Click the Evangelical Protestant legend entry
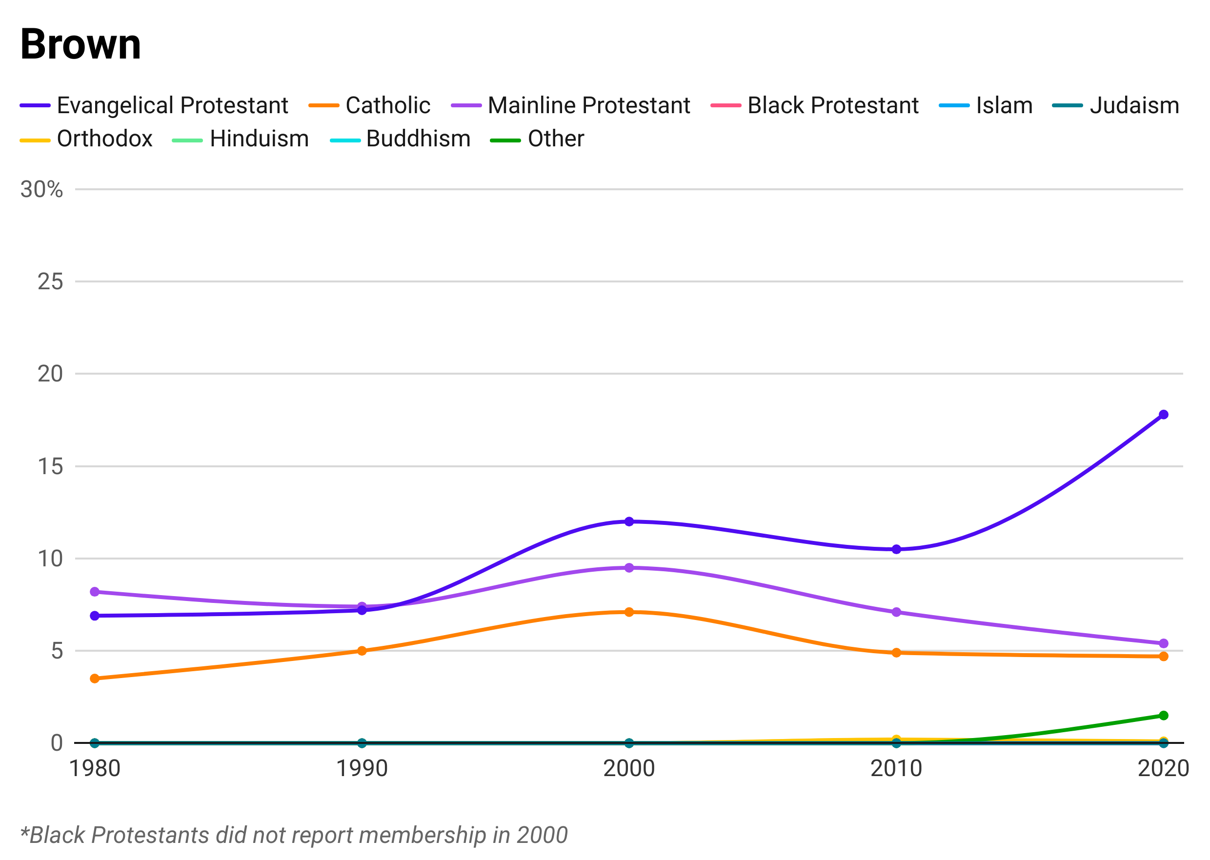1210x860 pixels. click(x=175, y=105)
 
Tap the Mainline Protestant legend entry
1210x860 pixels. click(x=588, y=105)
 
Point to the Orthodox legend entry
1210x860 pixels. click(x=106, y=137)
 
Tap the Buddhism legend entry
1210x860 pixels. click(x=418, y=137)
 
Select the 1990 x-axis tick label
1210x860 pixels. click(x=362, y=766)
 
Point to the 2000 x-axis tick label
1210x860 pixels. click(x=629, y=766)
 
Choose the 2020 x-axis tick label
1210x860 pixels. click(x=1162, y=766)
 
